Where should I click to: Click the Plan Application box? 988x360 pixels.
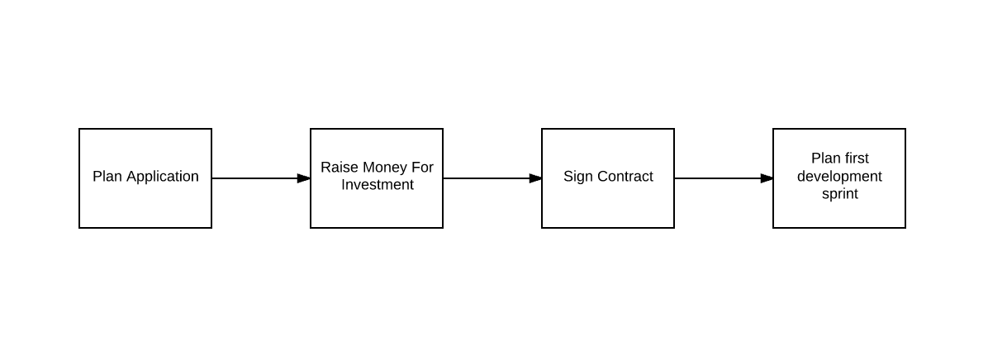(x=145, y=178)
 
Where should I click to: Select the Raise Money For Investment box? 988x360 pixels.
(x=377, y=178)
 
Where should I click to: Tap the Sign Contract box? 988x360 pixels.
(x=608, y=178)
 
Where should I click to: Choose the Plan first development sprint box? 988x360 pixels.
(x=839, y=178)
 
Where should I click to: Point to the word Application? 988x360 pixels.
(x=163, y=177)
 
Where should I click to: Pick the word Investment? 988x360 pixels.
(x=378, y=185)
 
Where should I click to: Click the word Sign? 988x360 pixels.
(x=577, y=177)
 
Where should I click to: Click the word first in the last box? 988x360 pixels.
(x=857, y=159)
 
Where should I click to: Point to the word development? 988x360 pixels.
(x=839, y=177)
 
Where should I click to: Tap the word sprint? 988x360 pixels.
(x=840, y=195)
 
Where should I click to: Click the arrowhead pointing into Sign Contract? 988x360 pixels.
(x=535, y=178)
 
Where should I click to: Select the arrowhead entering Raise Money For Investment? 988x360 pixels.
(x=304, y=178)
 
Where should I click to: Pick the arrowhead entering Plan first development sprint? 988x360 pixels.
(x=767, y=178)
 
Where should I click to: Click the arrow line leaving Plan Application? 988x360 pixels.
(x=261, y=178)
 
